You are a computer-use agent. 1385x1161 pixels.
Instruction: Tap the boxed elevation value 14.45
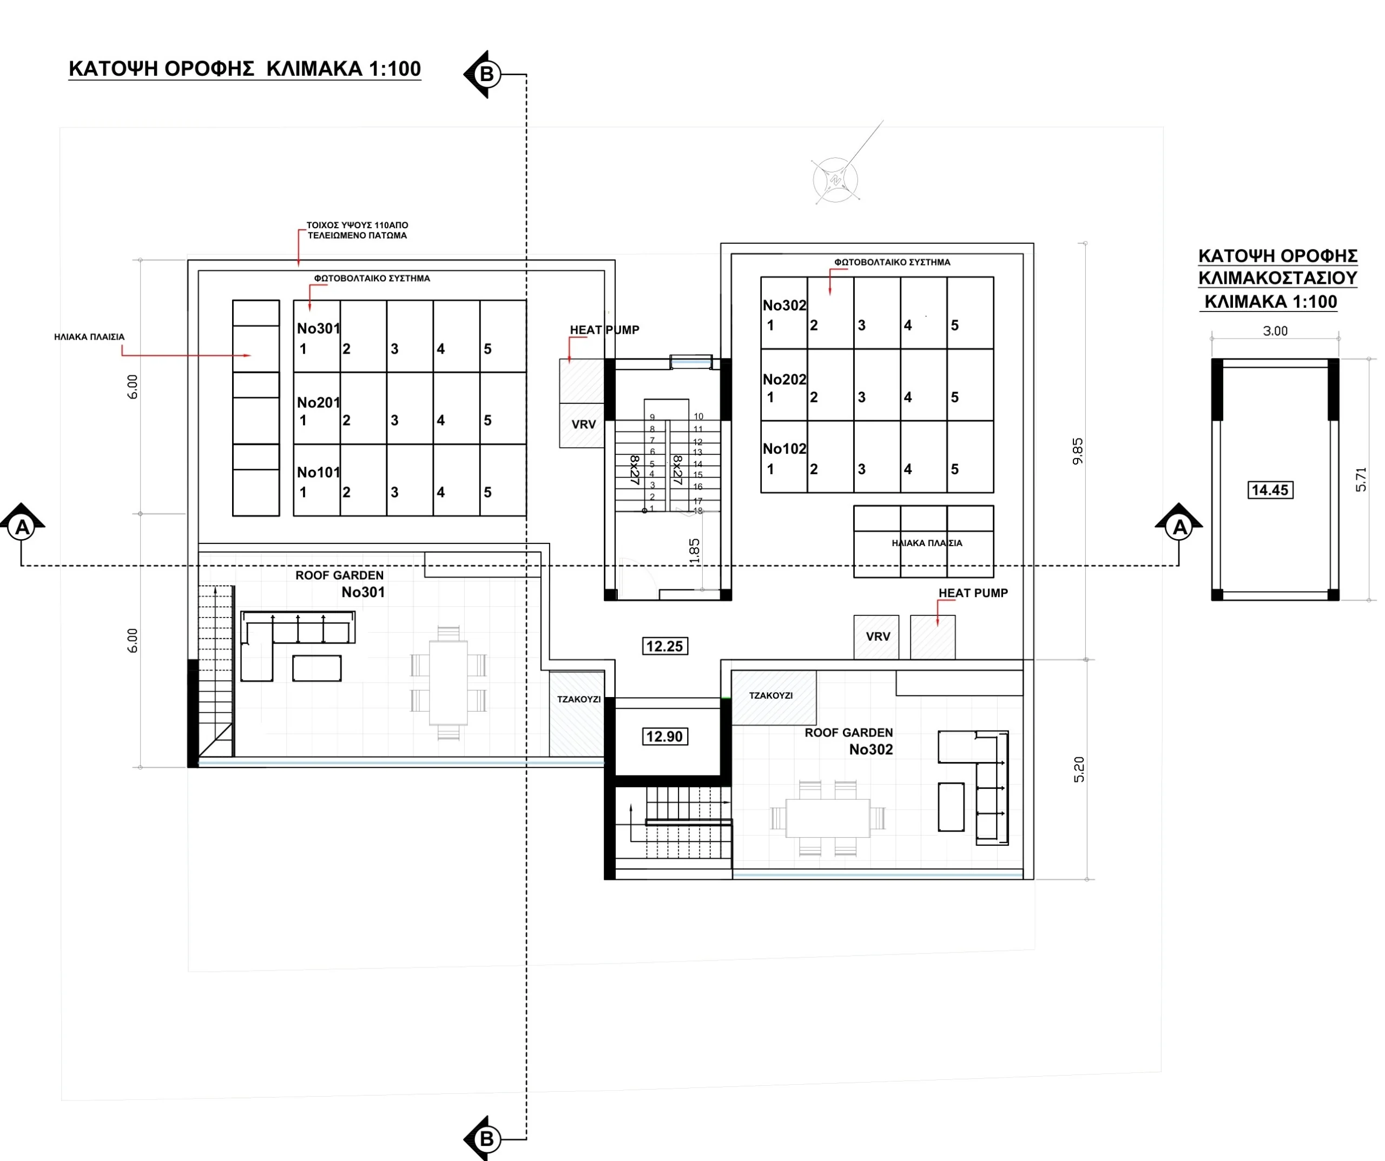click(x=1270, y=490)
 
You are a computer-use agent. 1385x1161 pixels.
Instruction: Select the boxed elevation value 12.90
click(x=665, y=737)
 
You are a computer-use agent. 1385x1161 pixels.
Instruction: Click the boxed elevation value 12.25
click(x=665, y=646)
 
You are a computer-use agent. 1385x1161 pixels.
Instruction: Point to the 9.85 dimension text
click(x=1078, y=452)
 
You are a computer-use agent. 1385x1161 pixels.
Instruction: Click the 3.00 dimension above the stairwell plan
click(x=1275, y=331)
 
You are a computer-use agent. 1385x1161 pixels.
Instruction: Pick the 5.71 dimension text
click(x=1361, y=479)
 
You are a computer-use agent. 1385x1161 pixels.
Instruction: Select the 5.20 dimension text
click(x=1079, y=769)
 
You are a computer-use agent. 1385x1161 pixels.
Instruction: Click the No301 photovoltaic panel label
click(x=319, y=328)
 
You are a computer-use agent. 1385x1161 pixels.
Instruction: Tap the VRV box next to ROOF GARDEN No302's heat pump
click(x=876, y=637)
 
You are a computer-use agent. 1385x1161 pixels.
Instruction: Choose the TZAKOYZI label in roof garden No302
click(x=771, y=695)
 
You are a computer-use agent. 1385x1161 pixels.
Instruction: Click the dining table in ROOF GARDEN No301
click(x=449, y=683)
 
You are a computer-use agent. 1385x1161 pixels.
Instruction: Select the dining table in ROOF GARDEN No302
click(x=828, y=818)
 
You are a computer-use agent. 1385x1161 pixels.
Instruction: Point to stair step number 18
click(x=698, y=511)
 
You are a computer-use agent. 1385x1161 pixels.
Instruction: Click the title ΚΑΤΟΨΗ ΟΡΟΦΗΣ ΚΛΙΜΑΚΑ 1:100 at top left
click(x=245, y=69)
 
